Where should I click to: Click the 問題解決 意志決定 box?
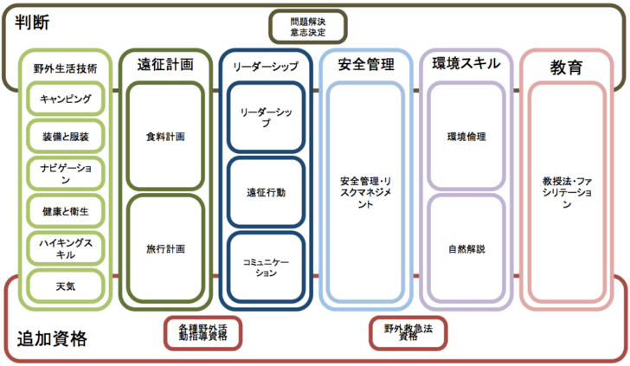[x=308, y=26]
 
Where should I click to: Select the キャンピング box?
[x=66, y=99]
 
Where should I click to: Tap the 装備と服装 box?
[x=66, y=136]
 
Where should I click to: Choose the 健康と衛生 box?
[x=66, y=210]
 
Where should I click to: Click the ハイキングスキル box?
[x=66, y=247]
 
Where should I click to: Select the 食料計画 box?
[x=165, y=137]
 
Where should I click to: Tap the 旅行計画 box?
[x=165, y=248]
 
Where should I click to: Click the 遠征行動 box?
[x=266, y=193]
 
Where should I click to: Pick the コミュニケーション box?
[x=266, y=267]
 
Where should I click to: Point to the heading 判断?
[x=31, y=22]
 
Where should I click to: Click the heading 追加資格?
[x=52, y=339]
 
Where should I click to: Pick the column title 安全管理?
[x=366, y=65]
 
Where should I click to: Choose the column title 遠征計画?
[x=165, y=64]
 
